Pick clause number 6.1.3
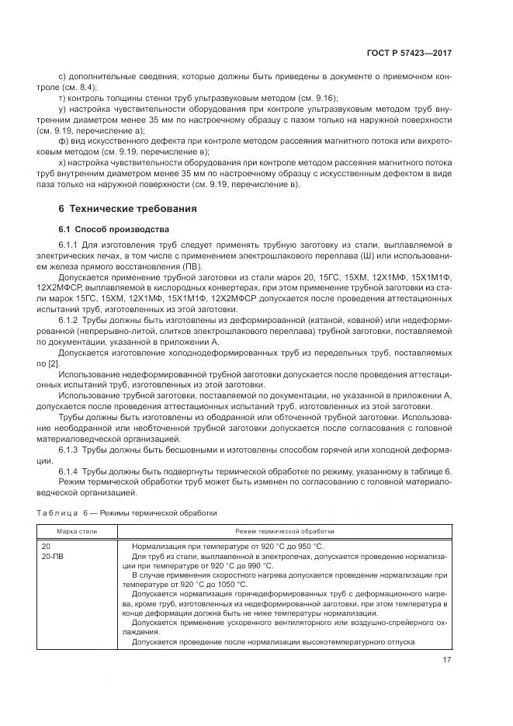point(71,450)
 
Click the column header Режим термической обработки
point(285,531)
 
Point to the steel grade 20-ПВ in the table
point(53,557)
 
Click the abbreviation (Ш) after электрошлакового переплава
point(352,255)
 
